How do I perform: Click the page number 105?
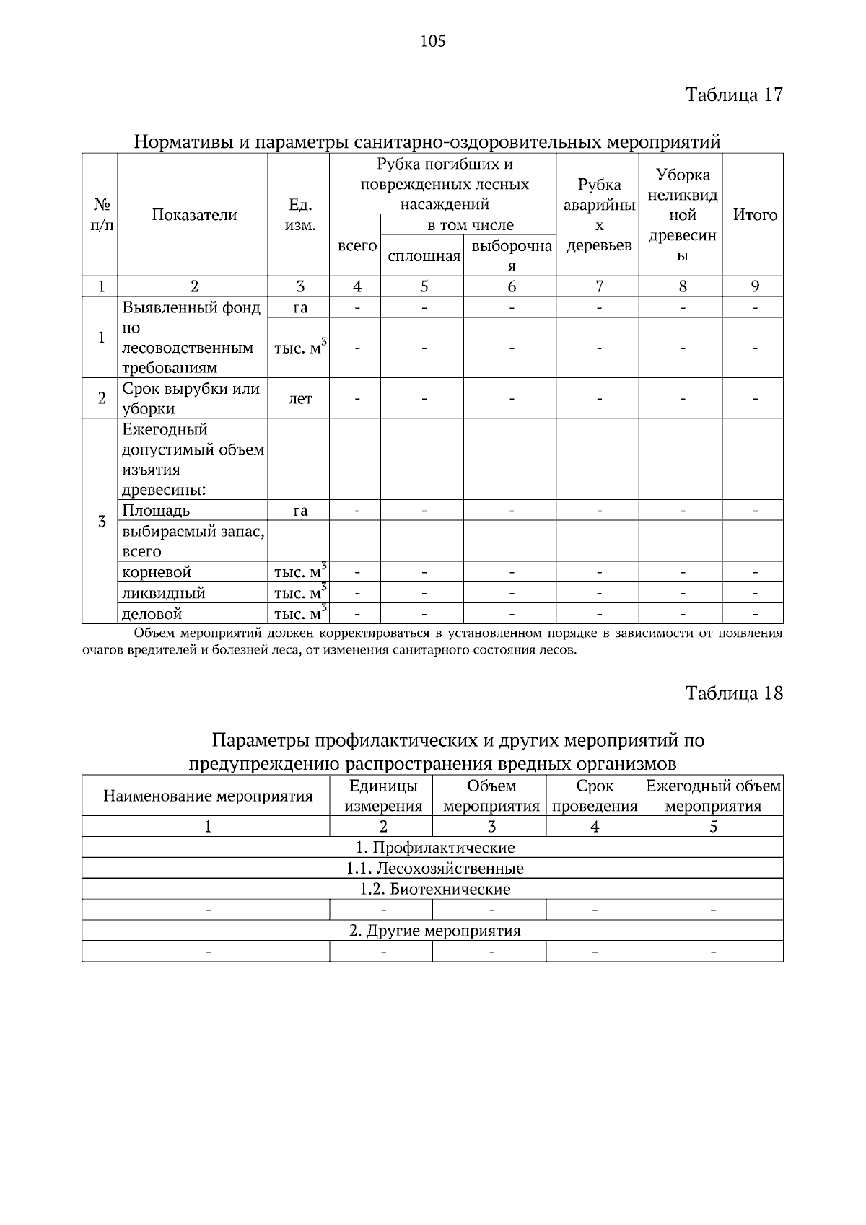click(433, 41)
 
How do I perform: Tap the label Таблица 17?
click(733, 95)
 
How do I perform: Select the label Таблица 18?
click(733, 693)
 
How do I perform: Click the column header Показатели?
click(194, 215)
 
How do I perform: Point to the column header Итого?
click(755, 215)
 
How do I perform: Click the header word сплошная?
click(424, 256)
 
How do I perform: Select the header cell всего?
click(357, 246)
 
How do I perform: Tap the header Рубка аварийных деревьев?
click(598, 215)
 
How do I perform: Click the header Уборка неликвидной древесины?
click(682, 215)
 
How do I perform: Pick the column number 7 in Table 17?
click(599, 286)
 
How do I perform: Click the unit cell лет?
click(300, 398)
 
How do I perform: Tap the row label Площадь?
click(157, 511)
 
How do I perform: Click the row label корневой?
click(157, 572)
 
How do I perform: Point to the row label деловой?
click(152, 614)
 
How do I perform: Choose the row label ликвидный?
click(164, 593)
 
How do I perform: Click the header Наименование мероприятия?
click(208, 796)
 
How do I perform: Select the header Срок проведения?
click(595, 796)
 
